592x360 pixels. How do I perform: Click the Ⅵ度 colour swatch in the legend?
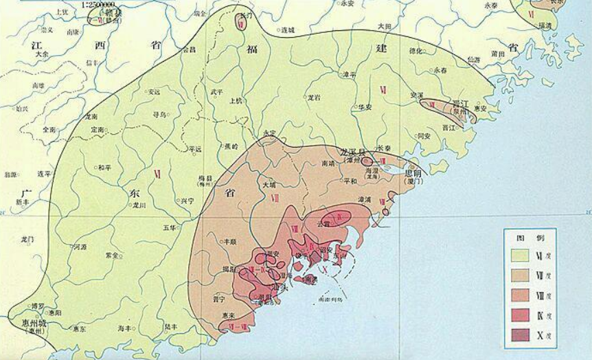523,255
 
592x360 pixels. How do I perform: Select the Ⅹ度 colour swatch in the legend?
523,335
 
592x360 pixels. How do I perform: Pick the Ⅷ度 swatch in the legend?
523,295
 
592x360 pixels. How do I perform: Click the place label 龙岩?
315,98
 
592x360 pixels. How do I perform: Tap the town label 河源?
80,247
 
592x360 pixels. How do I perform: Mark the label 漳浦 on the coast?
355,199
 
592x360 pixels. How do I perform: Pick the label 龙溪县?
354,150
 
